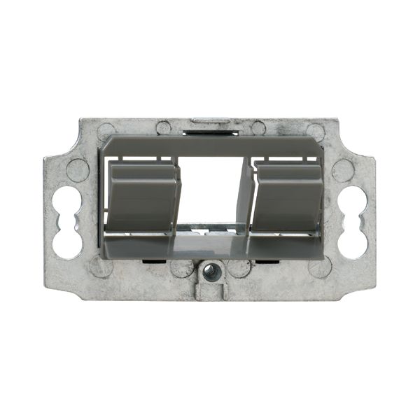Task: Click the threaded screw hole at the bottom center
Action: pos(210,270)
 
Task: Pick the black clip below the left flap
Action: pos(151,262)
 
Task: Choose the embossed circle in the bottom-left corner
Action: pos(102,266)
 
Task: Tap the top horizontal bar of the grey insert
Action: pos(210,146)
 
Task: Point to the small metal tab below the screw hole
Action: pos(210,291)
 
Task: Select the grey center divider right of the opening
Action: pos(245,196)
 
